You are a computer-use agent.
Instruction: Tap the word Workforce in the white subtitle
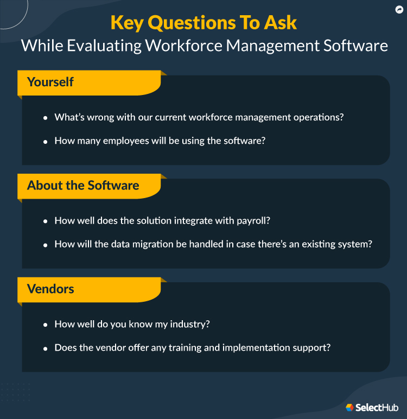tap(180, 45)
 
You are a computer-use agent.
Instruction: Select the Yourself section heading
tap(50, 82)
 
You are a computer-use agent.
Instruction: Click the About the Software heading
tap(83, 186)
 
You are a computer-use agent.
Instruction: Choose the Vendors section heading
tap(50, 289)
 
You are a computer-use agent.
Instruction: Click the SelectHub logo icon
tap(350, 407)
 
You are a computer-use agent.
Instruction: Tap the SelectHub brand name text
tap(377, 407)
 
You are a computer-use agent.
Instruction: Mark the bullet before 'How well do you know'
tap(46, 325)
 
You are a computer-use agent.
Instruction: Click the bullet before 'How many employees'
tap(46, 141)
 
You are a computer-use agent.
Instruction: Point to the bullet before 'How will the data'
tap(46, 244)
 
